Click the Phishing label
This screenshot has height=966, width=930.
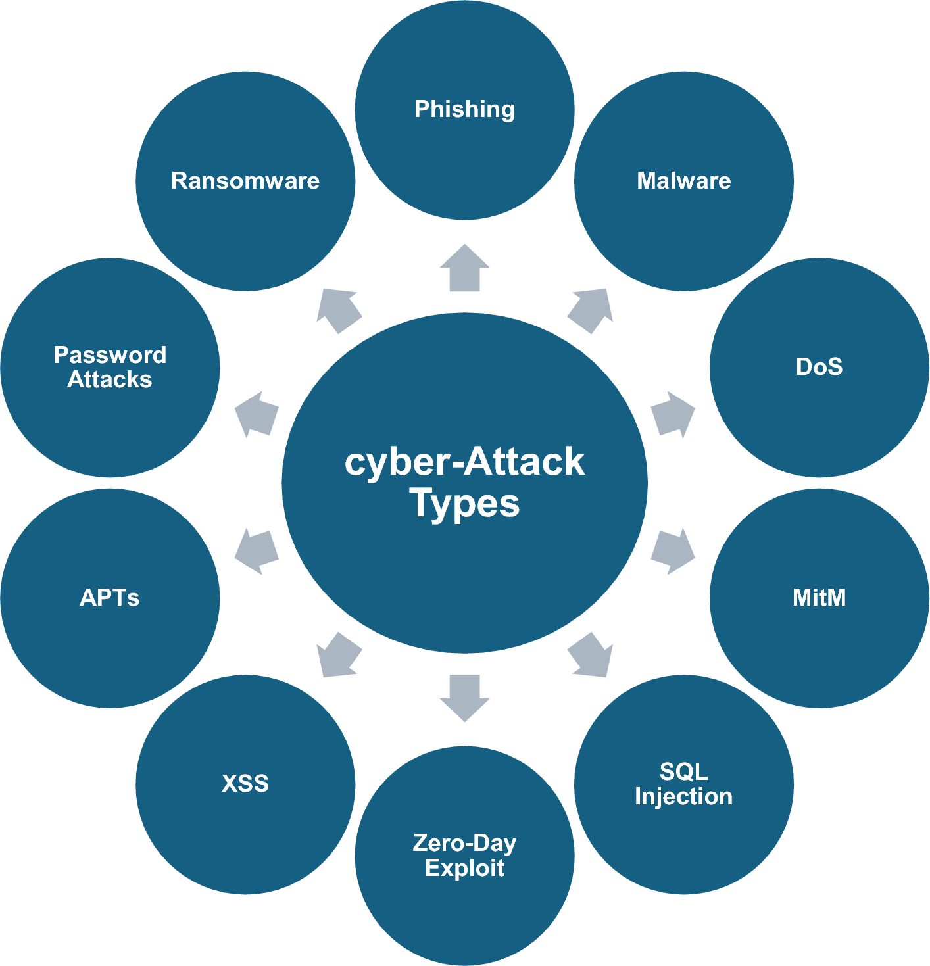pyautogui.click(x=464, y=109)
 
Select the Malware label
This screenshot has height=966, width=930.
pyautogui.click(x=683, y=181)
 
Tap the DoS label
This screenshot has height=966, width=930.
pyautogui.click(x=819, y=366)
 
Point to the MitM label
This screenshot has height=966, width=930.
pyautogui.click(x=819, y=597)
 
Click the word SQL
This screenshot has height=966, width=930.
pyautogui.click(x=683, y=771)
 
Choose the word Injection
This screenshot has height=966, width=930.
pyautogui.click(x=683, y=796)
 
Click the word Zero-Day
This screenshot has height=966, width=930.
pyautogui.click(x=464, y=843)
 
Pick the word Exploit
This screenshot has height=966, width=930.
pyautogui.click(x=464, y=868)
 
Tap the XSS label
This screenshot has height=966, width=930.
pyautogui.click(x=245, y=783)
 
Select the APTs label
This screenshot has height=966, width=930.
pyautogui.click(x=110, y=597)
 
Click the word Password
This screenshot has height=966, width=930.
pyautogui.click(x=110, y=355)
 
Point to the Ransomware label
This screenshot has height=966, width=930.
pyautogui.click(x=245, y=181)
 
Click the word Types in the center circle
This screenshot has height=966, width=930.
pyautogui.click(x=464, y=504)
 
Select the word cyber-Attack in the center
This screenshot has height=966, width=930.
pyautogui.click(x=464, y=462)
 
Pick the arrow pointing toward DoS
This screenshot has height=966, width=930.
pyautogui.click(x=673, y=414)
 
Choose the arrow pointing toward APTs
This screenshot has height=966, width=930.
pyautogui.click(x=257, y=551)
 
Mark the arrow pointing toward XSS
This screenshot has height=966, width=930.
pyautogui.click(x=338, y=655)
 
